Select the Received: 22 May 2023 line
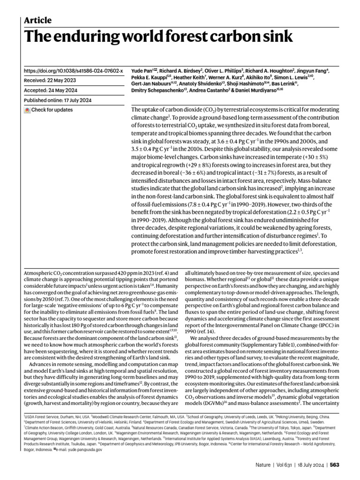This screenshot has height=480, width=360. tap(49, 81)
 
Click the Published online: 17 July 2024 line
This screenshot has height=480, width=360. tap(59, 100)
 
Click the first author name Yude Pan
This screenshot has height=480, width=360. tap(142, 71)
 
